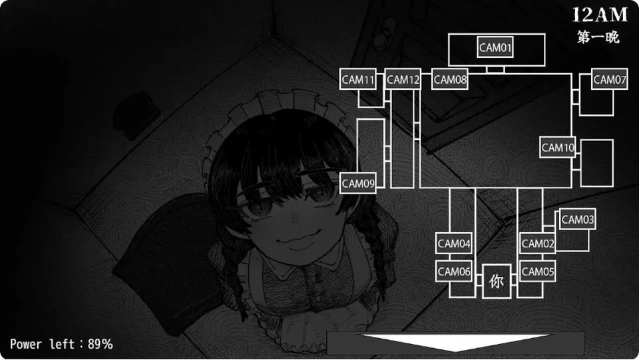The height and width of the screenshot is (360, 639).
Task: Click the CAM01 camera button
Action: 495,48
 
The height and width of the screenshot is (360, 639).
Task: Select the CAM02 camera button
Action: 538,244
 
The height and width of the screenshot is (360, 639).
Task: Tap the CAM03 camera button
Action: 578,220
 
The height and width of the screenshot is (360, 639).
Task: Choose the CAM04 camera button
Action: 453,244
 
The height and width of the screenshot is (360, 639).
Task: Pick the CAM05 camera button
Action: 538,271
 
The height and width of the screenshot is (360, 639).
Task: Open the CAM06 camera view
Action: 453,271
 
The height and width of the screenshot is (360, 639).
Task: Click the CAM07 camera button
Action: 609,79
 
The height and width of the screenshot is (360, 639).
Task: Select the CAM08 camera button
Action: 449,79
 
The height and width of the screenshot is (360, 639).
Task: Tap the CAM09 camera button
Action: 358,183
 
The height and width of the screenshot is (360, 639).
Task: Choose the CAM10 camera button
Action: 558,147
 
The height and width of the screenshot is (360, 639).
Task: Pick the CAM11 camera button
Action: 358,79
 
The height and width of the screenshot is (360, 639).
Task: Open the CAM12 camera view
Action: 403,79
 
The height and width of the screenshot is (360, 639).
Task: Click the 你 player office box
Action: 497,281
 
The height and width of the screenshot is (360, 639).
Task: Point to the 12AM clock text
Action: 600,15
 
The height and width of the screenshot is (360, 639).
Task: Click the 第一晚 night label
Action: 598,37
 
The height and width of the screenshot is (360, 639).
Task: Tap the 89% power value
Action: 101,344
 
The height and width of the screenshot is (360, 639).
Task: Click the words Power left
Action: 43,344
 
